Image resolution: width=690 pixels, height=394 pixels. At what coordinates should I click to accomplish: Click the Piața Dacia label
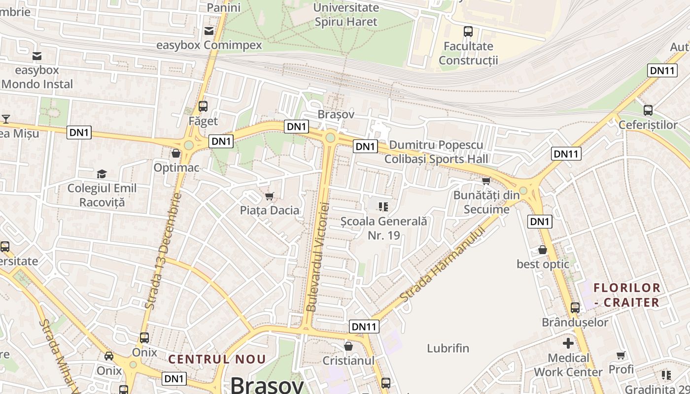[x=269, y=210]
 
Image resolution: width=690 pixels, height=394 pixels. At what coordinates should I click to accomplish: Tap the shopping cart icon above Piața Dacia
[x=269, y=197]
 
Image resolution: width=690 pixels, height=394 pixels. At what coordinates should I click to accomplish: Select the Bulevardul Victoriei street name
[x=317, y=257]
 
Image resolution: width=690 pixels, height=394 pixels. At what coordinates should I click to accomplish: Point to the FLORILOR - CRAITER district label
[x=626, y=295]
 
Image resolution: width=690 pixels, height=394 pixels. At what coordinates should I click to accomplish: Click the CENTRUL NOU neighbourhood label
[x=217, y=359]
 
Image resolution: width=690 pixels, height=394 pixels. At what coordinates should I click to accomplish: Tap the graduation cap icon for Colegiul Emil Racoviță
[x=102, y=174]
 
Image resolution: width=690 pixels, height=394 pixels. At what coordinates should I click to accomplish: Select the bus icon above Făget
[x=203, y=106]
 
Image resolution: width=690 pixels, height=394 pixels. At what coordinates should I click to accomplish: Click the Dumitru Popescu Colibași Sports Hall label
[x=436, y=152]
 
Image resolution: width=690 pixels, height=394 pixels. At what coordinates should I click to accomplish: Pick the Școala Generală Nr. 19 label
[x=384, y=228]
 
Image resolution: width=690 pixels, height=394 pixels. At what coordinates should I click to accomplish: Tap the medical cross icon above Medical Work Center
[x=568, y=343]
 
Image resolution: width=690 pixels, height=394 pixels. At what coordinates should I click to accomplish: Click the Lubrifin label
[x=448, y=348]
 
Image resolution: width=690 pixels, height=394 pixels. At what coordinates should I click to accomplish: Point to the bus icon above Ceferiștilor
[x=648, y=110]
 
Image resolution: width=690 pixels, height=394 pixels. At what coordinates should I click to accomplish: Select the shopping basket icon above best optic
[x=543, y=250]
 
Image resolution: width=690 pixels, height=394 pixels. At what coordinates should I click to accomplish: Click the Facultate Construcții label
[x=468, y=53]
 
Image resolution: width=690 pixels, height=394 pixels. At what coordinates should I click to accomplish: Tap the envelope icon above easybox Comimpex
[x=209, y=31]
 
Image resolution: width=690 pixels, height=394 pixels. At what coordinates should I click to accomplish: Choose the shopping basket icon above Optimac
[x=176, y=153]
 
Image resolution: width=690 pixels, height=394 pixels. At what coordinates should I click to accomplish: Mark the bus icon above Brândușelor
[x=575, y=308]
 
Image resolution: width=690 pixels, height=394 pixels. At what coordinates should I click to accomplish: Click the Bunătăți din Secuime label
[x=486, y=202]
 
